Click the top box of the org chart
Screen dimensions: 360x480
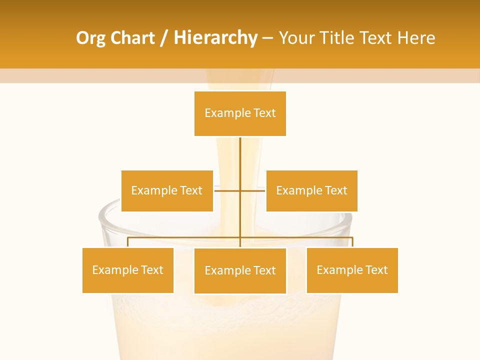(240, 113)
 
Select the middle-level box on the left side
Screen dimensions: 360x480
(167, 190)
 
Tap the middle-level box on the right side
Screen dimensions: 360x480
(311, 190)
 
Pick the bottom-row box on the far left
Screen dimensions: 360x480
(128, 270)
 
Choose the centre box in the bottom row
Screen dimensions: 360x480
(240, 270)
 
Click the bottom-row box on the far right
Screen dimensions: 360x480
(352, 270)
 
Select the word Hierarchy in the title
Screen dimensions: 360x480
(215, 38)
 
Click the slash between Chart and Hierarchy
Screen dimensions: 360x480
(164, 38)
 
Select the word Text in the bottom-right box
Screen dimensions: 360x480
(375, 270)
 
